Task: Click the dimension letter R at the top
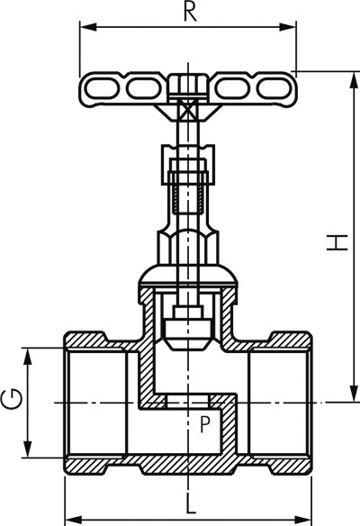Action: click(190, 12)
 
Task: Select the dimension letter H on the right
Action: click(337, 242)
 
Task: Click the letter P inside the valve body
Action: click(204, 424)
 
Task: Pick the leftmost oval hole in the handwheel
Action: click(101, 89)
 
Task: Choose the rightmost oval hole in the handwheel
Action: click(274, 88)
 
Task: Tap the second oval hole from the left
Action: click(143, 89)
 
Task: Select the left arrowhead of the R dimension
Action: click(88, 27)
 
